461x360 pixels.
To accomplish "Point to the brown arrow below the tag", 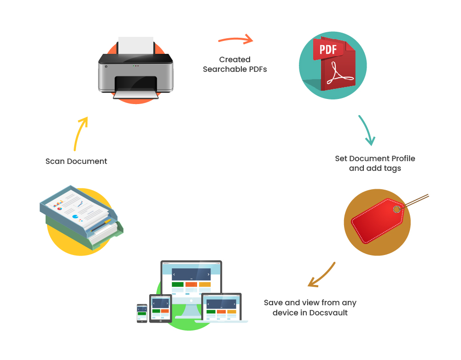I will (322, 276).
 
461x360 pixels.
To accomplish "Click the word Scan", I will (55, 162).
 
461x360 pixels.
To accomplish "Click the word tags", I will (391, 168).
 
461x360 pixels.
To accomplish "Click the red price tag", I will (376, 221).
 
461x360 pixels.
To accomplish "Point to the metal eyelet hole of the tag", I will (397, 209).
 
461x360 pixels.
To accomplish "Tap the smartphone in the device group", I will (142, 313).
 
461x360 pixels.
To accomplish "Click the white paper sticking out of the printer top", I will (136, 45).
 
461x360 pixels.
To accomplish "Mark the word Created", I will (235, 60).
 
